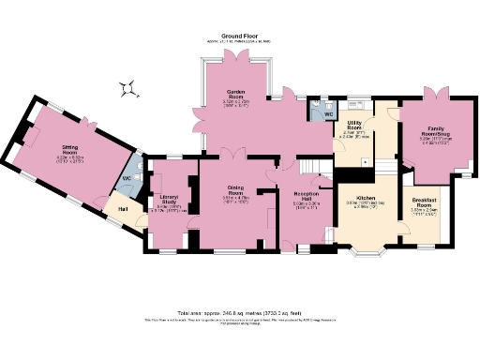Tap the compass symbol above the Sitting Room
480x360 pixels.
tap(127, 90)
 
